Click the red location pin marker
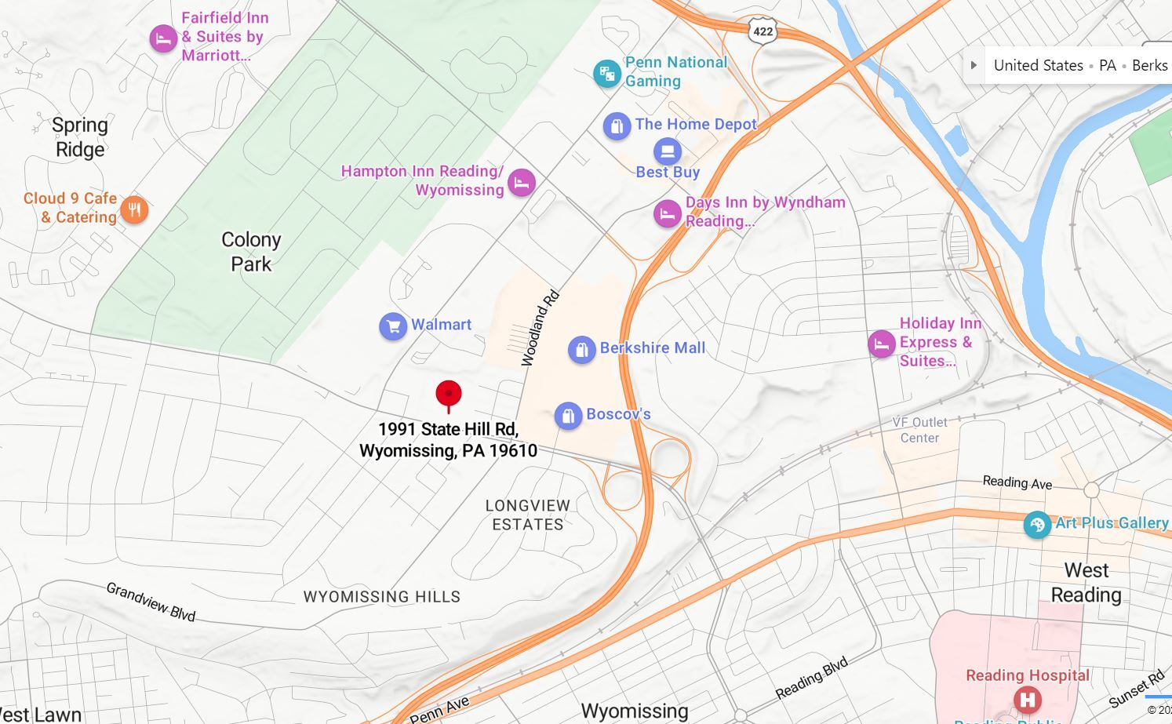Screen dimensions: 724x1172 pos(449,395)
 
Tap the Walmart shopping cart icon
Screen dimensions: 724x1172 pos(393,326)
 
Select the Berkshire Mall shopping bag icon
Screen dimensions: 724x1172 pos(581,350)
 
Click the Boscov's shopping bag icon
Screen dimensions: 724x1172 pos(568,416)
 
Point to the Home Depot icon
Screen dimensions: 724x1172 pos(617,126)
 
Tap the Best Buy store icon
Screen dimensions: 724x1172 pos(667,151)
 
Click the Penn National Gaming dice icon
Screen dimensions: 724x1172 pos(606,74)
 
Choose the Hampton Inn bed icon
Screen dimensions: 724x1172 pos(522,183)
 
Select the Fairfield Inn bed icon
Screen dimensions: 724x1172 pos(163,38)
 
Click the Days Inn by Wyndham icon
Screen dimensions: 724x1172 pos(667,213)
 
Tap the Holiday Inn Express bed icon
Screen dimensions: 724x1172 pos(882,344)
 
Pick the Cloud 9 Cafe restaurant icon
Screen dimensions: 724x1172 pos(134,209)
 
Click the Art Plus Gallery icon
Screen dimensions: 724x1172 pos(1037,525)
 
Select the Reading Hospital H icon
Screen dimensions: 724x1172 pos(1027,699)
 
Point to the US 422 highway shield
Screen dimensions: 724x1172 pos(763,31)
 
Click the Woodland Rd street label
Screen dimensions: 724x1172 pos(541,328)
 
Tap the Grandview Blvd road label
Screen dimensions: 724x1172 pos(151,602)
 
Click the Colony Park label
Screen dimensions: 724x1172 pos(251,252)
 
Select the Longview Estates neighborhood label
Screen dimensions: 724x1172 pos(528,515)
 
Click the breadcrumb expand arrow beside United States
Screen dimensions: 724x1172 pos(974,65)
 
